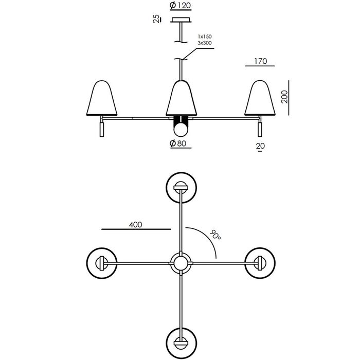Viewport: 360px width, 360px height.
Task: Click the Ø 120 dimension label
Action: click(x=181, y=5)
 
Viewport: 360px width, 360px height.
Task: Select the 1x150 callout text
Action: click(x=205, y=37)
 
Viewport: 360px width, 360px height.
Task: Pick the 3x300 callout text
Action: click(x=205, y=43)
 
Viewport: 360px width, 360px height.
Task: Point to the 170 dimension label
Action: click(x=261, y=61)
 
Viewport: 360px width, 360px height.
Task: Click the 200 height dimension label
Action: click(x=284, y=97)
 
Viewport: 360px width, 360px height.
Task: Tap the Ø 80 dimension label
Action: click(x=178, y=143)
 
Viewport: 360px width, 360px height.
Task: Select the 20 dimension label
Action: click(x=260, y=146)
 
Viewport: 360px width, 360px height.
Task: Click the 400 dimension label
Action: click(x=135, y=225)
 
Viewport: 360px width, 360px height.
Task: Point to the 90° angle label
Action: click(x=215, y=235)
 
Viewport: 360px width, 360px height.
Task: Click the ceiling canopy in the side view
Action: click(x=181, y=20)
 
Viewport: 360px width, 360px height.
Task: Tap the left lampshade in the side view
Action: click(x=102, y=98)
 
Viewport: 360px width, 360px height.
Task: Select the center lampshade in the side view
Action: click(x=182, y=98)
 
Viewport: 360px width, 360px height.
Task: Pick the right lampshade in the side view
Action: click(x=260, y=98)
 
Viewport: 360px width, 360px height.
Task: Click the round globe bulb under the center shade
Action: click(x=181, y=130)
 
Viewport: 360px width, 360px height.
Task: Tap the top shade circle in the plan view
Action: click(x=182, y=188)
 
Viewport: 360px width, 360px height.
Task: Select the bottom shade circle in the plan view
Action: click(x=182, y=343)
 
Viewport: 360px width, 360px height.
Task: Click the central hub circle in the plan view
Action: click(x=181, y=263)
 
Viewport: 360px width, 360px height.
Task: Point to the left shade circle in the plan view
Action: click(x=102, y=263)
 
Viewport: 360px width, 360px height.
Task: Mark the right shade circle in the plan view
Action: click(x=260, y=263)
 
